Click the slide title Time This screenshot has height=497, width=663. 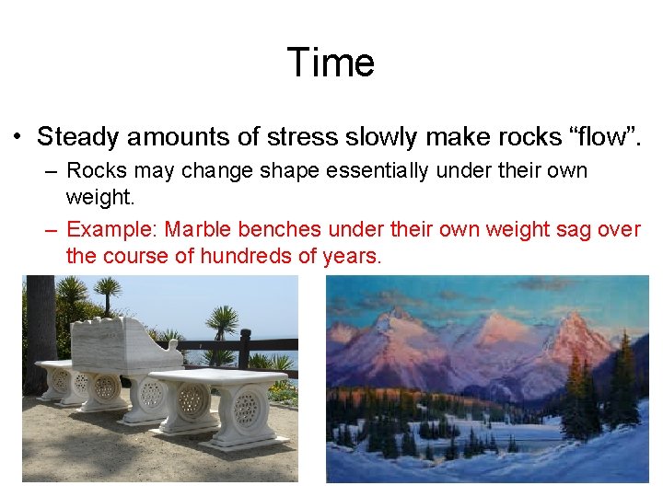[331, 63]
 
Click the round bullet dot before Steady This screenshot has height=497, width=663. [17, 138]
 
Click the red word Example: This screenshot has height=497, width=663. [112, 228]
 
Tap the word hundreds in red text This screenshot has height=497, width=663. [227, 256]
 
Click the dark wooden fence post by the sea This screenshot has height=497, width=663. [244, 350]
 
